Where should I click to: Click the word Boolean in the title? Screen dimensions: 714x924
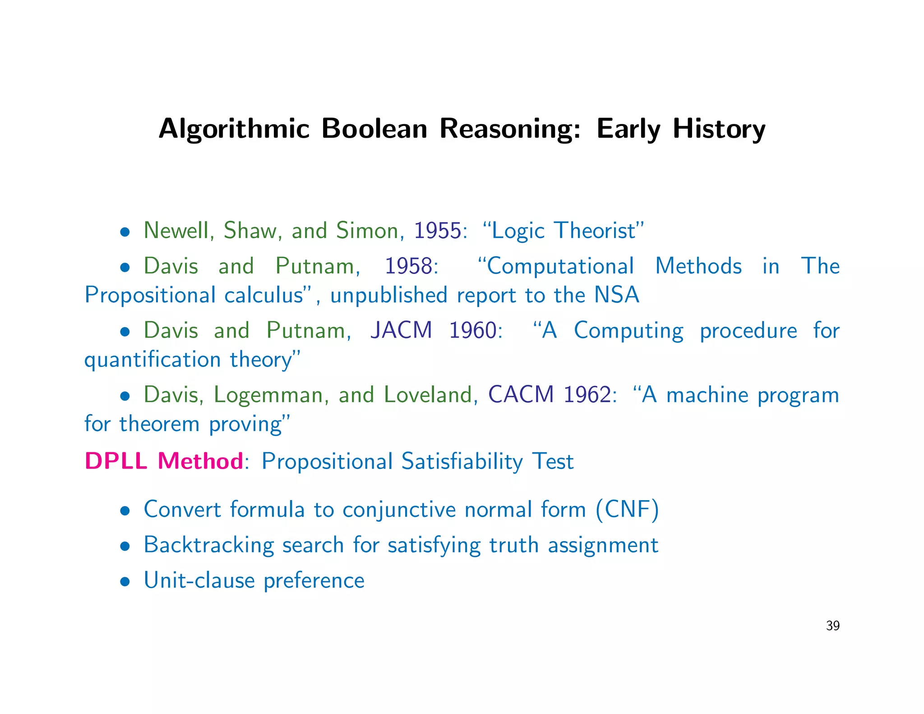pos(374,129)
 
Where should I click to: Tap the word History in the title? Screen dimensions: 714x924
pos(719,129)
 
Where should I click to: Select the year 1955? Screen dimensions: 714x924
pos(438,231)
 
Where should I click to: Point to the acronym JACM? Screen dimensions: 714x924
pos(401,330)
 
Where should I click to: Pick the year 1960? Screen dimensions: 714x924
pos(472,330)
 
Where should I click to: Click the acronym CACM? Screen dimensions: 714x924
pos(521,394)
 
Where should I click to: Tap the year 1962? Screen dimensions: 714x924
pos(588,394)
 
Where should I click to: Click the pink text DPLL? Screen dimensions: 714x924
pos(115,461)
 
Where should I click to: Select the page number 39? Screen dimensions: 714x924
pos(832,626)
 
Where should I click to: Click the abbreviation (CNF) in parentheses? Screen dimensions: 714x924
pos(627,510)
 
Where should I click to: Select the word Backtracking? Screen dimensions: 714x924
pos(209,545)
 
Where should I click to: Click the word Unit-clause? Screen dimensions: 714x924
pos(199,580)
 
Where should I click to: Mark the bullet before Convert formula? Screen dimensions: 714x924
pos(125,511)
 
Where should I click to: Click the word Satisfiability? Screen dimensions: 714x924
pos(462,461)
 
